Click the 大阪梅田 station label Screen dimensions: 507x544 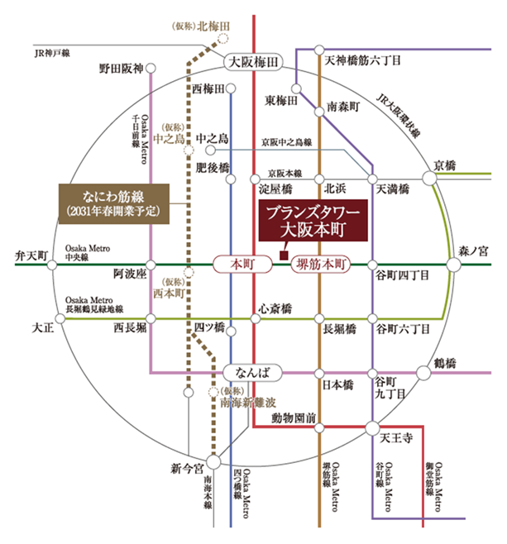tap(254, 61)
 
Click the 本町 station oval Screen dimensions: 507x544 tap(240, 265)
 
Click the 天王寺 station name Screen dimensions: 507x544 tap(397, 437)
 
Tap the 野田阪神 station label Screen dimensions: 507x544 tap(122, 68)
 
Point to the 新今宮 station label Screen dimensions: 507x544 tap(186, 469)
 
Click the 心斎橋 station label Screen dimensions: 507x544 tap(275, 308)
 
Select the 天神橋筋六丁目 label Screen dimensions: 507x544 tap(362, 60)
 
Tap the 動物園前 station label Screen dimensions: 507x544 tap(294, 418)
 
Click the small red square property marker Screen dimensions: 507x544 tap(283, 256)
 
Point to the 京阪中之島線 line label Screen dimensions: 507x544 tap(285, 142)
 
